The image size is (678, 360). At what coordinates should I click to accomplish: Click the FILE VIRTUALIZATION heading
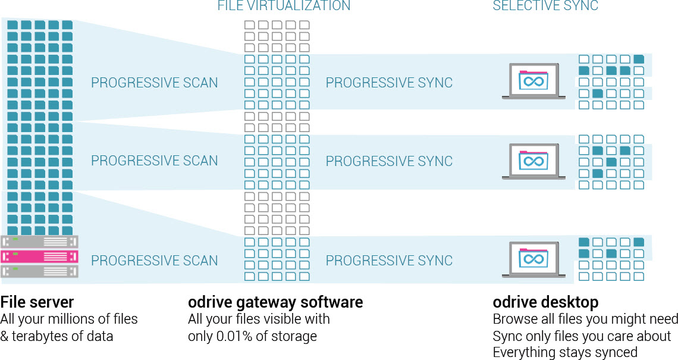click(284, 6)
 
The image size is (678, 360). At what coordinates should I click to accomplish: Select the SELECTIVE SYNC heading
click(545, 6)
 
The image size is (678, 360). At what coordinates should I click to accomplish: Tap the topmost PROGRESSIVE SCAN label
click(154, 83)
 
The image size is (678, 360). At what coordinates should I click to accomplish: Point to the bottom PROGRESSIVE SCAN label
click(154, 261)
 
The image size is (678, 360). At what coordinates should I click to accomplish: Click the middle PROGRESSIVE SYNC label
click(389, 161)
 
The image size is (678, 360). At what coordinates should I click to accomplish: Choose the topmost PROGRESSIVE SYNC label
click(389, 83)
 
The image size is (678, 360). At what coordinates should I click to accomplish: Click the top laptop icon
click(533, 81)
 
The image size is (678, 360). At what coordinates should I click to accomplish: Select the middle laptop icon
click(533, 161)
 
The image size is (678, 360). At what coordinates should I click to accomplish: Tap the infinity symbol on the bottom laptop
click(533, 259)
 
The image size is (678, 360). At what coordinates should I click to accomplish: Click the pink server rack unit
click(39, 257)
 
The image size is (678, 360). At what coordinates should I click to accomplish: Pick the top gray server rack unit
click(39, 242)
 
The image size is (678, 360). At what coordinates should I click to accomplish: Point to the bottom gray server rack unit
click(39, 272)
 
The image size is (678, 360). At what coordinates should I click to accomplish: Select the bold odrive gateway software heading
click(275, 302)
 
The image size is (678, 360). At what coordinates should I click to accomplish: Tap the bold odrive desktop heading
click(545, 302)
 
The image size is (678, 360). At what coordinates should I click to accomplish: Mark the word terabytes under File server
click(40, 336)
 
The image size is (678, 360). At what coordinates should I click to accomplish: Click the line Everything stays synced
click(565, 352)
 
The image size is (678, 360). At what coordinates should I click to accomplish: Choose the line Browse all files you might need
click(585, 320)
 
